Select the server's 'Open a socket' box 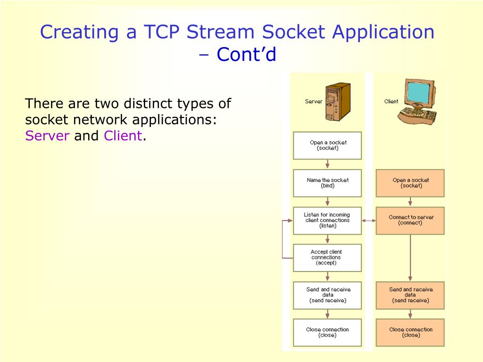pyautogui.click(x=327, y=145)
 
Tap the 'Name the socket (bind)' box pyautogui.click(x=327, y=183)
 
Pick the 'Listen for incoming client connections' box pyautogui.click(x=327, y=220)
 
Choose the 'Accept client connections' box pyautogui.click(x=327, y=257)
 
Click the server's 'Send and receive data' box pyautogui.click(x=327, y=295)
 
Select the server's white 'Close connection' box pyautogui.click(x=327, y=332)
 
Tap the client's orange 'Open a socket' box pyautogui.click(x=410, y=183)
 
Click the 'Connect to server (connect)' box pyautogui.click(x=410, y=220)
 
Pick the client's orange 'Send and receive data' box pyautogui.click(x=410, y=295)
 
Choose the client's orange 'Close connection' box pyautogui.click(x=410, y=332)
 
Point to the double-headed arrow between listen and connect pyautogui.click(x=369, y=220)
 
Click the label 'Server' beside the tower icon pyautogui.click(x=314, y=101)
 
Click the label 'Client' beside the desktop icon pyautogui.click(x=391, y=101)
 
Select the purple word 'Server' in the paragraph pyautogui.click(x=47, y=136)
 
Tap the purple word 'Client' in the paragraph pyautogui.click(x=123, y=136)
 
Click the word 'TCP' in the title pyautogui.click(x=160, y=32)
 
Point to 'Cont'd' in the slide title pyautogui.click(x=246, y=55)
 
